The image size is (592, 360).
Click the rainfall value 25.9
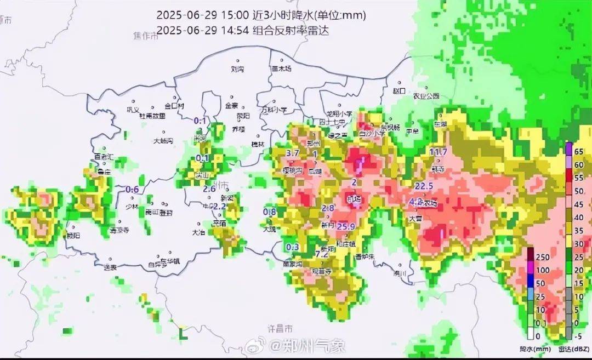[347, 226]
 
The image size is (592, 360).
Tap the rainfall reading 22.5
[424, 186]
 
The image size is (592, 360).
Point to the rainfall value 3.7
[293, 153]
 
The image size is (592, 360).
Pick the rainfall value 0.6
[132, 190]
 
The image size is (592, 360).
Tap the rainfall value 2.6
[209, 189]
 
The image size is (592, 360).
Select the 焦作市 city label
[145, 36]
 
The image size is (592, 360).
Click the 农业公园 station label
[426, 96]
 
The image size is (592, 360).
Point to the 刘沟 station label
[237, 70]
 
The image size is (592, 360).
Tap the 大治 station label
[198, 232]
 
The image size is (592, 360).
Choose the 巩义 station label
[133, 110]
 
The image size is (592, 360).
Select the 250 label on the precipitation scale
[542, 257]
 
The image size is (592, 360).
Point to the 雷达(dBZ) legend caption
[571, 348]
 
